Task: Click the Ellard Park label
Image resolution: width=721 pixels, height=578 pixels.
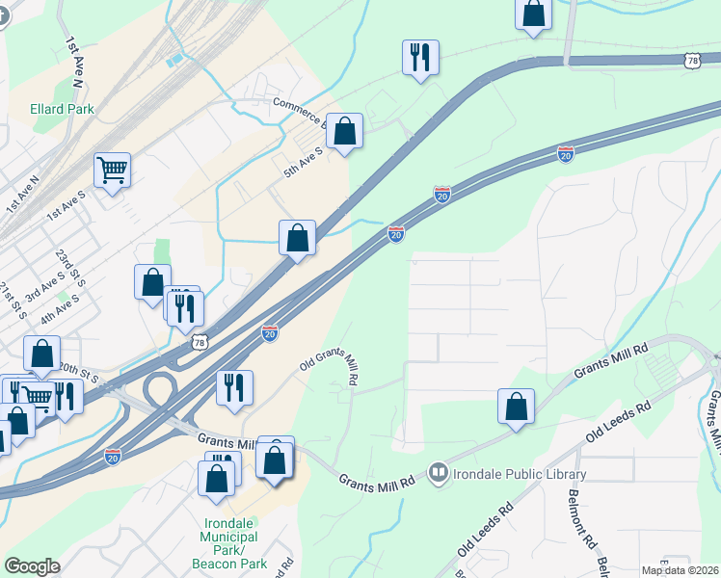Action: (x=62, y=109)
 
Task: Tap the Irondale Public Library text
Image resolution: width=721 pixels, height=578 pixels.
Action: (x=522, y=474)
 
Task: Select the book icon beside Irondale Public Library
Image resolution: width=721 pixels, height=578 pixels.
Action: (x=440, y=473)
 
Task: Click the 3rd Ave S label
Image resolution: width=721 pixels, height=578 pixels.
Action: (x=44, y=287)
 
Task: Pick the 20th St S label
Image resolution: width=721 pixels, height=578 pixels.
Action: (x=79, y=372)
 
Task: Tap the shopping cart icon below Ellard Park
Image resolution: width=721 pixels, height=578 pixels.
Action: (x=113, y=171)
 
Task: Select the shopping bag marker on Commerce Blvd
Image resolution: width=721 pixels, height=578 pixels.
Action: (x=344, y=130)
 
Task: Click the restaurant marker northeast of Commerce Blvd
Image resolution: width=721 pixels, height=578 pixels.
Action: (x=420, y=57)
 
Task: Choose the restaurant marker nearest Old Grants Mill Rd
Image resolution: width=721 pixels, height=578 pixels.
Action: (x=234, y=387)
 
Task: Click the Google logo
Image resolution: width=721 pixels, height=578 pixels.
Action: (x=32, y=566)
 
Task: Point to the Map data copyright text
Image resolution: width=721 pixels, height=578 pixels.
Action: (x=680, y=570)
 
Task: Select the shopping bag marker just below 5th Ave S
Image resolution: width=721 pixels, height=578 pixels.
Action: (x=298, y=237)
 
